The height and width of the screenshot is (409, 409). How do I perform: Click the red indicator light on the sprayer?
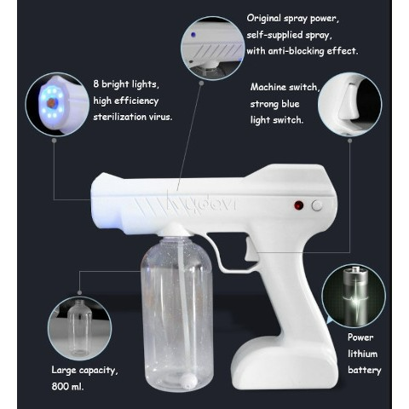tap(298, 205)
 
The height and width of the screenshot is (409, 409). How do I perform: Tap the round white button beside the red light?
tap(317, 205)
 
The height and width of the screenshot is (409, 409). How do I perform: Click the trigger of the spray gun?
tap(251, 250)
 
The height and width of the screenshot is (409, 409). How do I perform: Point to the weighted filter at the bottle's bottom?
tap(188, 381)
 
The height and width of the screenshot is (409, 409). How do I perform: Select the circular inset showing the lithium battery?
tap(354, 296)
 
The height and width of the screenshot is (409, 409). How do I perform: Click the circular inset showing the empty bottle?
tap(80, 328)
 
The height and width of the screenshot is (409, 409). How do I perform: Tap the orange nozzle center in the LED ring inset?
tap(51, 103)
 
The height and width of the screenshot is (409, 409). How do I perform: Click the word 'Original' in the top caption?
tap(263, 18)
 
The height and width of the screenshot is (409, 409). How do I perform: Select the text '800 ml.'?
tap(67, 386)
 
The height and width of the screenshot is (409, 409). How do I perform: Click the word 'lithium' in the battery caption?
tap(363, 354)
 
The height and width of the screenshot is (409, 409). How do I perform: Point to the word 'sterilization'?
tap(119, 117)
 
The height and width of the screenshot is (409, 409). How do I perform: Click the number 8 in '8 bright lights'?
tap(96, 84)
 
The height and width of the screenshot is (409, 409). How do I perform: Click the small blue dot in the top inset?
tap(193, 35)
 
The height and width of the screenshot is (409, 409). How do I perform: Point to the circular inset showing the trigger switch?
tap(349, 104)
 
